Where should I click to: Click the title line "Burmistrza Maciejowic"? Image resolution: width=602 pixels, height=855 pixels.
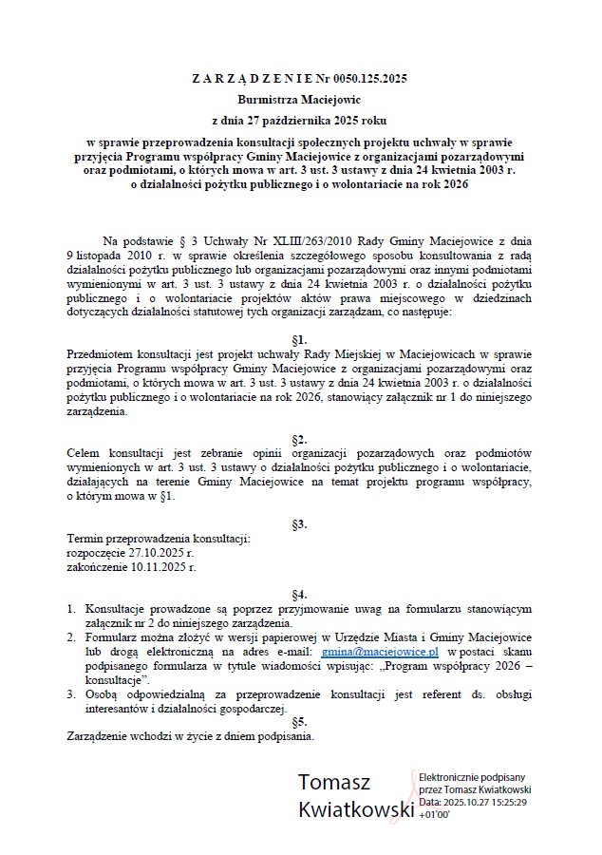pos(300,99)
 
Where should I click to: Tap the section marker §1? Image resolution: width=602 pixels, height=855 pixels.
pos(300,339)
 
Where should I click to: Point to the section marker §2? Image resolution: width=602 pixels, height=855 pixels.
pos(300,439)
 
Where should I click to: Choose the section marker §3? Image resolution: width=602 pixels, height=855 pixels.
pos(300,523)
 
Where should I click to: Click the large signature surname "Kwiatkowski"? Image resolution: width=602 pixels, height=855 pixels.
pos(356,810)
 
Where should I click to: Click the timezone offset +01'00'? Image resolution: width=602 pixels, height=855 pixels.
pos(434,815)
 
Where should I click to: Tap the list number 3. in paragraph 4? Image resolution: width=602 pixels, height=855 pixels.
pos(71,694)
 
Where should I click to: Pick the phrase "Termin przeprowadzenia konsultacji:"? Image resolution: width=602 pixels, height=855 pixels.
pos(158,539)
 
